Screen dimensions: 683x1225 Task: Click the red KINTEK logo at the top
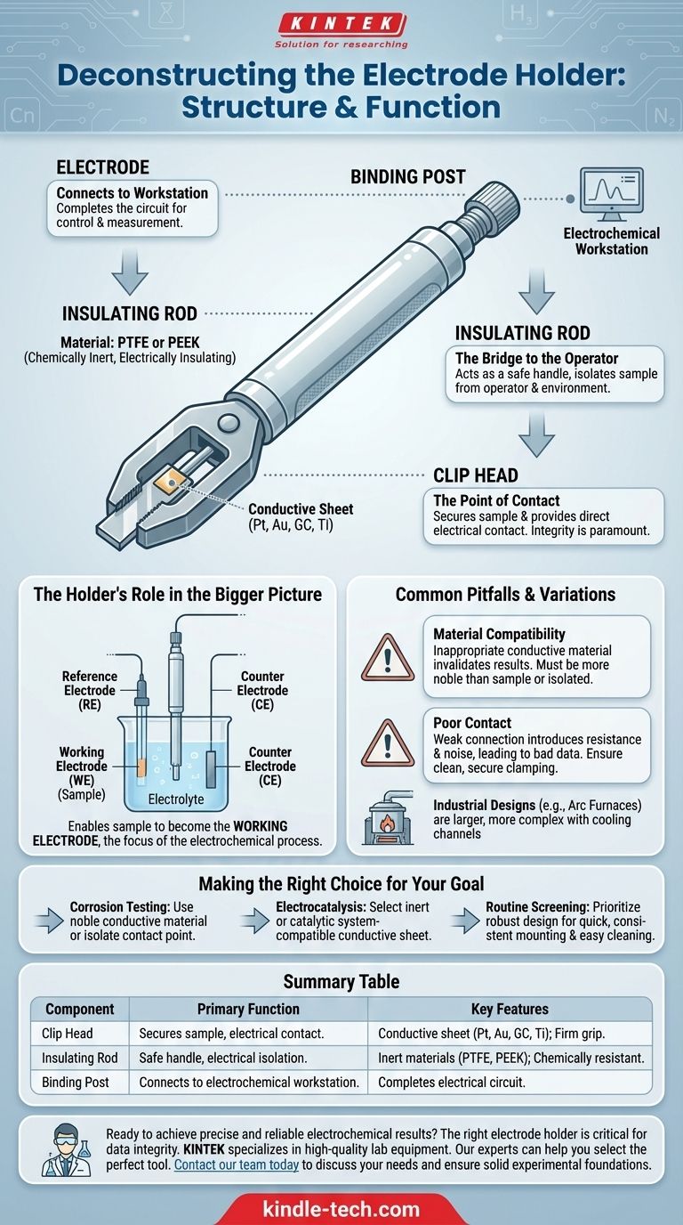pyautogui.click(x=341, y=23)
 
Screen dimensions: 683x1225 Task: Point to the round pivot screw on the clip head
pyautogui.click(x=228, y=422)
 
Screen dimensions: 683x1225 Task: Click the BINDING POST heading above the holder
pyautogui.click(x=407, y=177)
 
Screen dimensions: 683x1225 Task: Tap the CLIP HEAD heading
pyautogui.click(x=476, y=475)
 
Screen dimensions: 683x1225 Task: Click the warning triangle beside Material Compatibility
pyautogui.click(x=388, y=657)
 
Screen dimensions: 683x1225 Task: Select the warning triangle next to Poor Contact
pyautogui.click(x=388, y=743)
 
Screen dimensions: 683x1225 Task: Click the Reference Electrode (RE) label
pyautogui.click(x=90, y=690)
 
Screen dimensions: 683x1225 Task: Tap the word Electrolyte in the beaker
pyautogui.click(x=176, y=799)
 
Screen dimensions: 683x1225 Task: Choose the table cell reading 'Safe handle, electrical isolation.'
pyautogui.click(x=223, y=1058)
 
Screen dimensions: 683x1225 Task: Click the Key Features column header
pyautogui.click(x=510, y=1009)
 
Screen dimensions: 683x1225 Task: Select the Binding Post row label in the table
pyautogui.click(x=76, y=1083)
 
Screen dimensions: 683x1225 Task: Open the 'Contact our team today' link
pyautogui.click(x=237, y=1164)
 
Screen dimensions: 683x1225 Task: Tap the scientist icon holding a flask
pyautogui.click(x=67, y=1150)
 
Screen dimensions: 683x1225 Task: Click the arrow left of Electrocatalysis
pyautogui.click(x=256, y=921)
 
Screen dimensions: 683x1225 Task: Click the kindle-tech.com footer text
pyautogui.click(x=341, y=1209)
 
